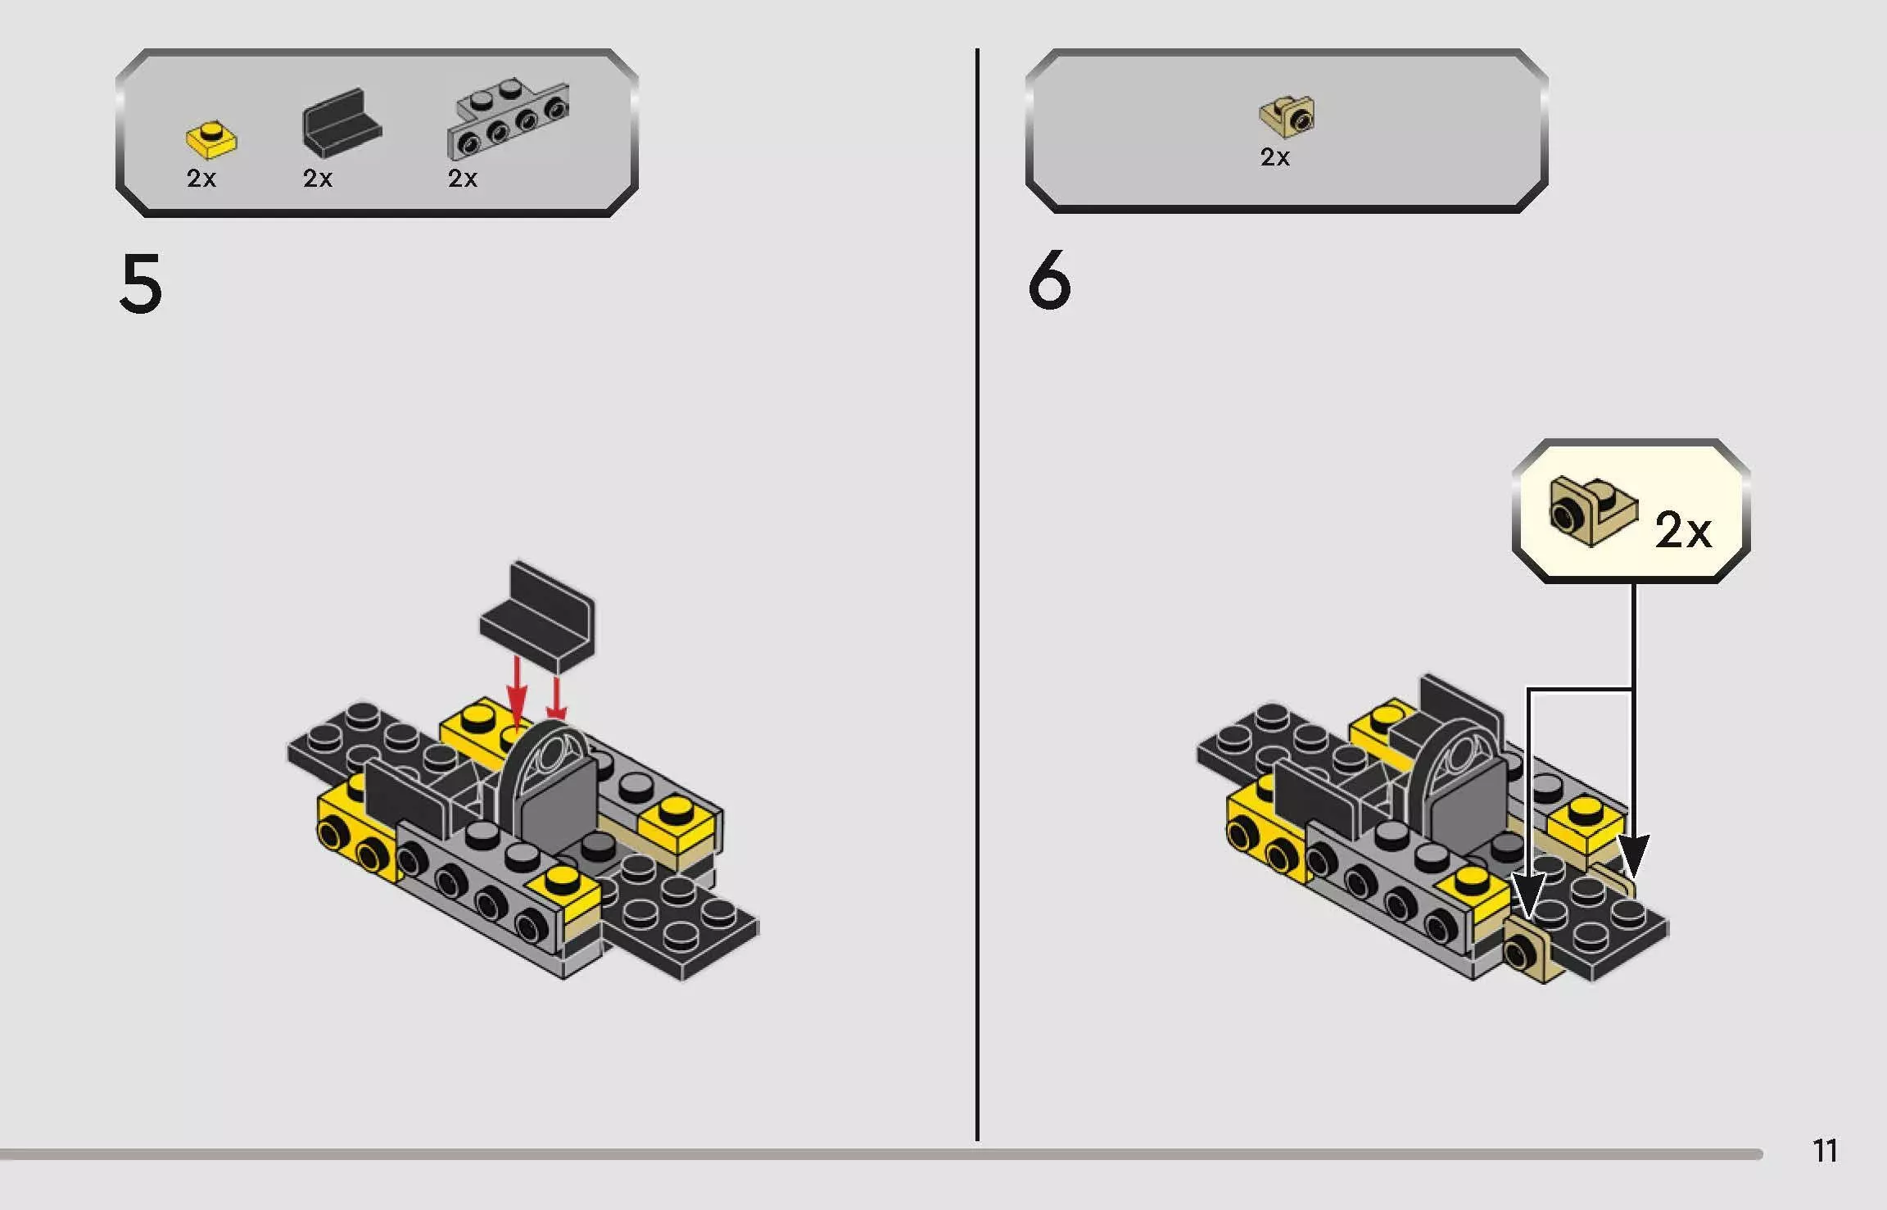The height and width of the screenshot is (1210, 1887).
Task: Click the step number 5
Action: click(x=141, y=283)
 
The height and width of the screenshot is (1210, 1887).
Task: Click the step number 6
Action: click(x=1049, y=281)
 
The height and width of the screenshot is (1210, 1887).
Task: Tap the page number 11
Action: click(x=1825, y=1151)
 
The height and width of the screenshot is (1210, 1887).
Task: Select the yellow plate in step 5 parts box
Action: click(x=211, y=139)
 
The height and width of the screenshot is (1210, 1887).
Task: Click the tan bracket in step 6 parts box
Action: click(x=1287, y=117)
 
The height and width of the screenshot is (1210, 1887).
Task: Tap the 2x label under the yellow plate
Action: click(x=201, y=179)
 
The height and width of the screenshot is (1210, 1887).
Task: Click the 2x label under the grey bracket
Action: click(x=463, y=179)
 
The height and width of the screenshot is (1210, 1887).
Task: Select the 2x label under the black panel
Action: click(x=318, y=179)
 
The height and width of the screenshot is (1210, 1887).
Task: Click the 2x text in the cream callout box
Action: click(x=1682, y=531)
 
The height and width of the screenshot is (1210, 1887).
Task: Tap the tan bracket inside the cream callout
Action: click(x=1591, y=511)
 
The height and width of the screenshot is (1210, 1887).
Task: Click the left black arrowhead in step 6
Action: click(x=1527, y=896)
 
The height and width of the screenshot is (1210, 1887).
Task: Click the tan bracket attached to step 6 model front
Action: click(x=1530, y=950)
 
